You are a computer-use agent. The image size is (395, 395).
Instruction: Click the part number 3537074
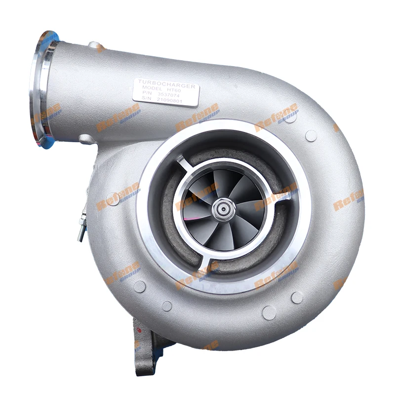pyautogui.click(x=170, y=96)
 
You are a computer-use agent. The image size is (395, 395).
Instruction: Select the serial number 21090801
pyautogui.click(x=170, y=100)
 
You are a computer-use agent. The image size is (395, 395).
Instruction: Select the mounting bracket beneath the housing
pyautogui.click(x=148, y=341)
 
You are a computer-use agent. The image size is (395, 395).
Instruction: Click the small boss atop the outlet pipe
pyautogui.click(x=95, y=46)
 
